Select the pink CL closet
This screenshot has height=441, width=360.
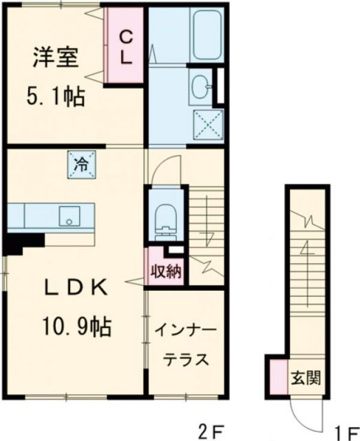(125, 46)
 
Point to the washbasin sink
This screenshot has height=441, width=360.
(202, 87)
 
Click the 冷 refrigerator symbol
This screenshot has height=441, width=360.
(81, 165)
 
